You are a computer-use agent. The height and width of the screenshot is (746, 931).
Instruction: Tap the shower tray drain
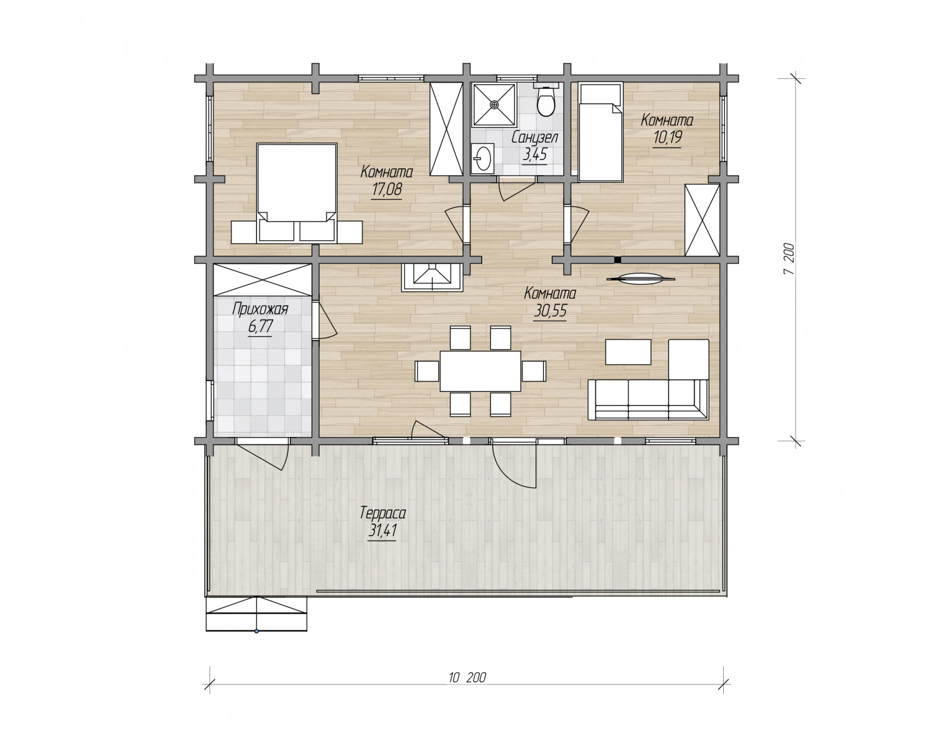[x=494, y=104]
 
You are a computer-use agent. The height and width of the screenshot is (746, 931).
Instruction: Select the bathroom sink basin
[x=482, y=158]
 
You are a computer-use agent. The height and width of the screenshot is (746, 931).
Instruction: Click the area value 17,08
[x=387, y=189]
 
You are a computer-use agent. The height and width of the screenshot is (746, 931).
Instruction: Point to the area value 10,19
[x=668, y=138]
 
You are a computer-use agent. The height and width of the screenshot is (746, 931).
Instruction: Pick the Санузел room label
[x=535, y=138]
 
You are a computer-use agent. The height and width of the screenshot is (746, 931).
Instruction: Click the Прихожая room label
[x=260, y=309]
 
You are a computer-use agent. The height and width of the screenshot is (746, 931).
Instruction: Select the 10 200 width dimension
[x=467, y=676]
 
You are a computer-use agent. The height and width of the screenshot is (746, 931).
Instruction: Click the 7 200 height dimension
[x=789, y=259]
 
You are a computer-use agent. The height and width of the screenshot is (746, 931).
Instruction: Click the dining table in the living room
[x=480, y=371]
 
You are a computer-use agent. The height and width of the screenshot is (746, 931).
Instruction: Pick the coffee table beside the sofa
[x=628, y=352]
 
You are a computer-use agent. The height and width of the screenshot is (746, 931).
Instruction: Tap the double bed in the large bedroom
[x=297, y=193]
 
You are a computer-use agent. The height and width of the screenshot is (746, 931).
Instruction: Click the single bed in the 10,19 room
[x=600, y=132]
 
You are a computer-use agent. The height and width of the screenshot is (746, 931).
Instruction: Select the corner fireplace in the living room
[x=433, y=277]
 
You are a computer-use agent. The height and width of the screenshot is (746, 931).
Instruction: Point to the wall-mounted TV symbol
[x=641, y=279]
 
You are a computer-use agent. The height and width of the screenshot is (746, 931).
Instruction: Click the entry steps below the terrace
[x=256, y=614]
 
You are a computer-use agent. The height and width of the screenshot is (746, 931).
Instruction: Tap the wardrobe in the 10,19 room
[x=702, y=220]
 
